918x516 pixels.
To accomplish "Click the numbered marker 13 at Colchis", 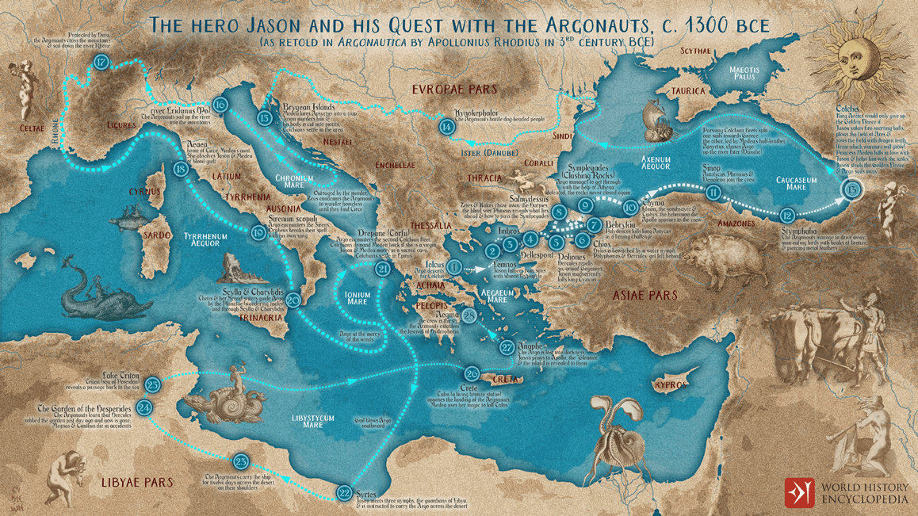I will coord(852,190).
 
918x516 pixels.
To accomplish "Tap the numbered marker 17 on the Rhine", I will coord(101,63).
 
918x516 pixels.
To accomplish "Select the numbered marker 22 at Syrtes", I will coord(344,493).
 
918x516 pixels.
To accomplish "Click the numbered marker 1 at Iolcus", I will coord(453,268).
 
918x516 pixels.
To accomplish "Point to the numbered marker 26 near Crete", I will coord(472,374).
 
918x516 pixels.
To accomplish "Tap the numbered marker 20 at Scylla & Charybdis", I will coord(293,300).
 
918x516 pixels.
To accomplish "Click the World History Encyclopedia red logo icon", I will coord(799,492).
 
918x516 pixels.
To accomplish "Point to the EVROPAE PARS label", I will coord(454,90).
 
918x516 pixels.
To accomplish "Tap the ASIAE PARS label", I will coord(645,295).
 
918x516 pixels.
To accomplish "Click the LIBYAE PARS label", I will coord(137,482).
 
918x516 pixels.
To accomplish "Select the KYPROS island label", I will coord(671,385).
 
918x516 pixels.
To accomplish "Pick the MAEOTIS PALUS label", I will coord(743,75).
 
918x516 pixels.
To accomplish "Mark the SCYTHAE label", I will coord(696,51).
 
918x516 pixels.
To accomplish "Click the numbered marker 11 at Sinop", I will coord(713,193).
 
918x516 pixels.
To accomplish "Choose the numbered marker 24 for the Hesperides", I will coord(144,408).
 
